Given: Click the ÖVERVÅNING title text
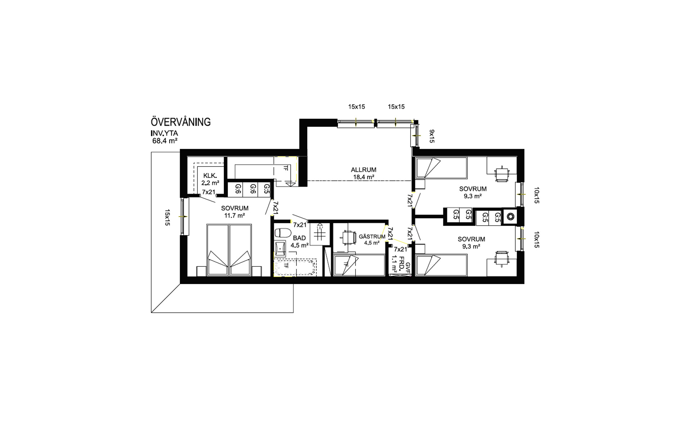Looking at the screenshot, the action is [x=181, y=122].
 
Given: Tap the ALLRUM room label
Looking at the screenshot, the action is [x=363, y=170].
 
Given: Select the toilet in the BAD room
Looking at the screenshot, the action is [x=282, y=233].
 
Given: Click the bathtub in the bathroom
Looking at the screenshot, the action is [x=295, y=267].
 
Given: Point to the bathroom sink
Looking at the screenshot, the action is [x=280, y=248].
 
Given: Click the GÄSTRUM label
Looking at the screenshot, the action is [x=372, y=237].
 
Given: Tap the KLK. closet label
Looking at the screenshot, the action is [x=209, y=175].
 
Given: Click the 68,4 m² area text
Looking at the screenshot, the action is [x=165, y=141].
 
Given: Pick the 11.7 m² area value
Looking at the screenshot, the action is [x=234, y=215].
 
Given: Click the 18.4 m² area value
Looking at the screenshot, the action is [x=364, y=177].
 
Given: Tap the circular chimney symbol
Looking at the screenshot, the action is [x=510, y=216].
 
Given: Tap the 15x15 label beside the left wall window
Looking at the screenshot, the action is [x=167, y=217].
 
